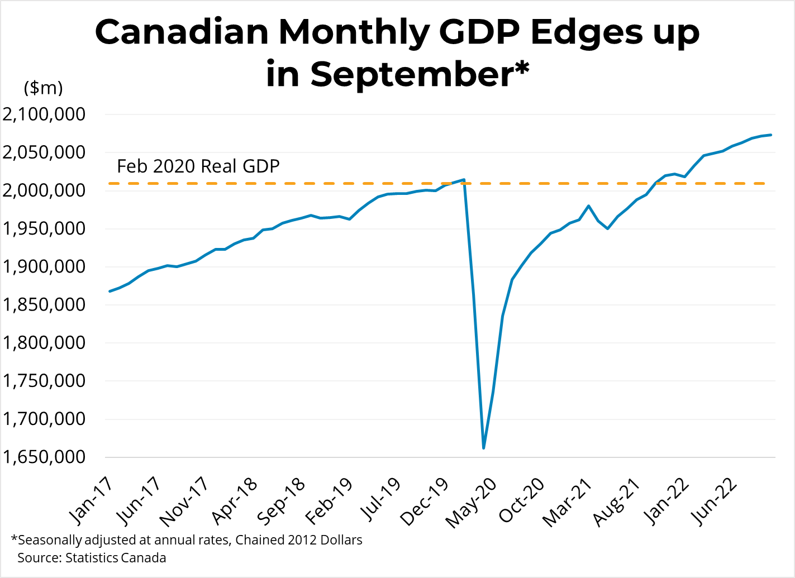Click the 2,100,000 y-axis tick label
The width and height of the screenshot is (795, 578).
tap(44, 114)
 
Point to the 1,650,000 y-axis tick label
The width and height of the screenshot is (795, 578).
tap(44, 457)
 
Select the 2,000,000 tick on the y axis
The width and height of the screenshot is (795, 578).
tap(44, 190)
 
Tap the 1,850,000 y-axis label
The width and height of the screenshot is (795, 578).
tap(44, 305)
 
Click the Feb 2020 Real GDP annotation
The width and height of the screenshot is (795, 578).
tap(198, 166)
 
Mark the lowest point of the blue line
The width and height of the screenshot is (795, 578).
tap(484, 448)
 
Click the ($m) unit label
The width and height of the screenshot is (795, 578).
tap(44, 88)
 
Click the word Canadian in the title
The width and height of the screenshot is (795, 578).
tap(182, 32)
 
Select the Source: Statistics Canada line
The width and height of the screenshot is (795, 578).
tap(92, 557)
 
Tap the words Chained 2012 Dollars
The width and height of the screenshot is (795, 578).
tap(299, 539)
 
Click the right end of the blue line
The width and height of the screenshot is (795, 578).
tap(771, 135)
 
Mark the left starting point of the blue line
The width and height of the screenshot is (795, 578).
tap(110, 292)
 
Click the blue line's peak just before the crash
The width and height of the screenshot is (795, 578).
tap(464, 179)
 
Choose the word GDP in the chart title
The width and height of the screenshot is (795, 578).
tap(479, 32)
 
